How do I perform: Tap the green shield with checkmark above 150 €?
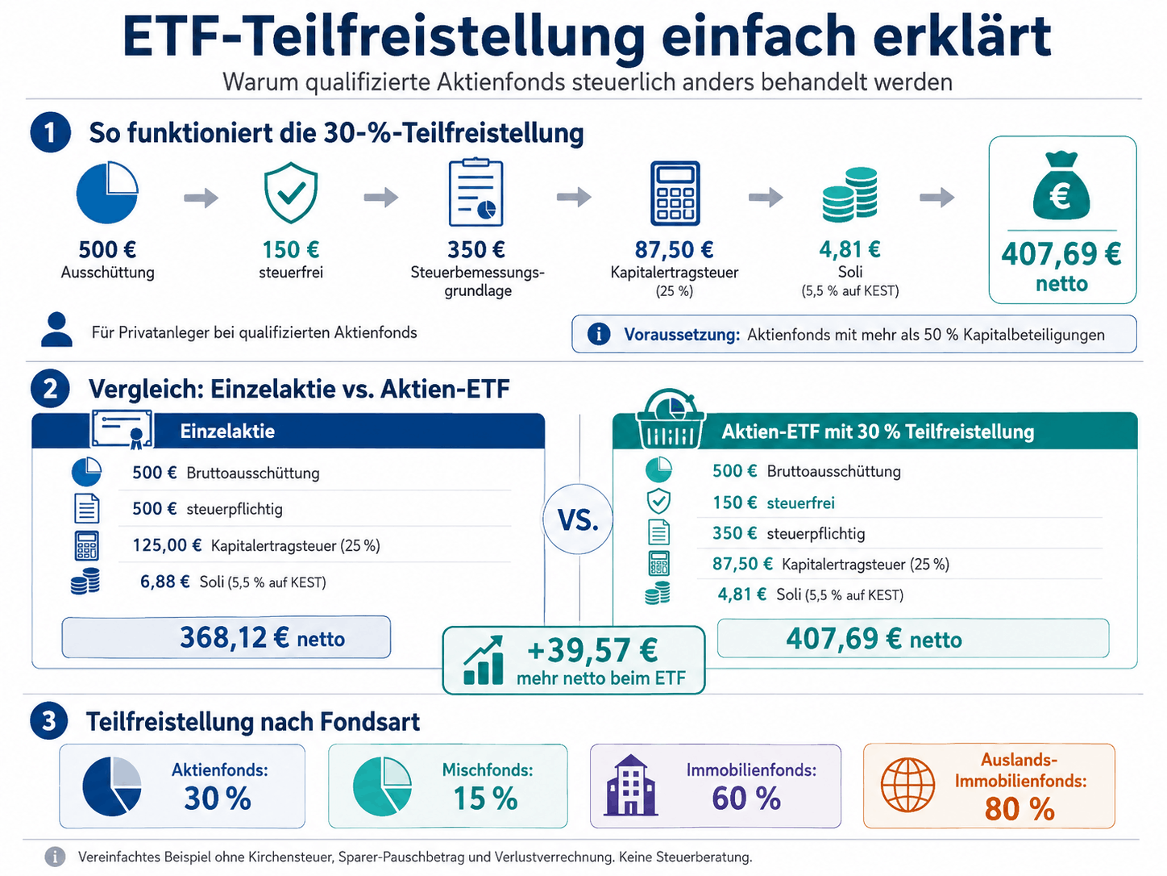(x=291, y=193)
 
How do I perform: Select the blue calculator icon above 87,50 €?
(x=675, y=194)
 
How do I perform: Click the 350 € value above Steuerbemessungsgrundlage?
(x=476, y=249)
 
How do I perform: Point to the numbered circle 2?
(x=50, y=389)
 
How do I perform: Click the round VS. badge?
(x=578, y=519)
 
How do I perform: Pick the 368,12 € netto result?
(x=262, y=637)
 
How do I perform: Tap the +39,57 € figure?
(x=592, y=650)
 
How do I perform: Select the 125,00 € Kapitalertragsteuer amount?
(x=167, y=545)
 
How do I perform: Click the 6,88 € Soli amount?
(x=165, y=582)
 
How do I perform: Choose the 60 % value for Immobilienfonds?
(x=746, y=799)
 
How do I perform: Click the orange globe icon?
(x=907, y=785)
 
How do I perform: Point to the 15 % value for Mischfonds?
(x=485, y=799)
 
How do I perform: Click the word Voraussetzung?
(x=682, y=335)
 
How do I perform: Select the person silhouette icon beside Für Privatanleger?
(x=57, y=330)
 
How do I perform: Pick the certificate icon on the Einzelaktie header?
(x=122, y=429)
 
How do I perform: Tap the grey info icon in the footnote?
(x=56, y=857)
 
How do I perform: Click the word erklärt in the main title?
(x=961, y=36)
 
